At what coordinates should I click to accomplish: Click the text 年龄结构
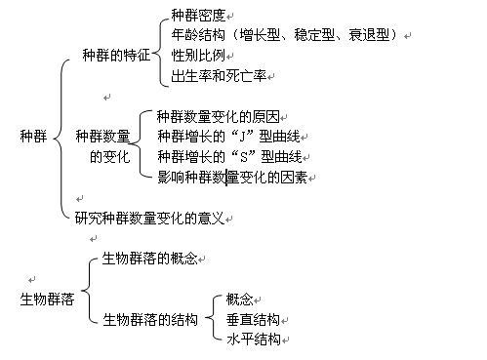click(197, 35)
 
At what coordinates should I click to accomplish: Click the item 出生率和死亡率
click(218, 76)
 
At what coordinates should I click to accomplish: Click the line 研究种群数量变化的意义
click(149, 217)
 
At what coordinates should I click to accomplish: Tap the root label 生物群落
click(47, 299)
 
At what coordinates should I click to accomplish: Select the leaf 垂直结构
click(254, 319)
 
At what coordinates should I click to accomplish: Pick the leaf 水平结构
click(254, 340)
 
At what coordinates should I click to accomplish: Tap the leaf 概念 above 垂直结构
click(240, 299)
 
